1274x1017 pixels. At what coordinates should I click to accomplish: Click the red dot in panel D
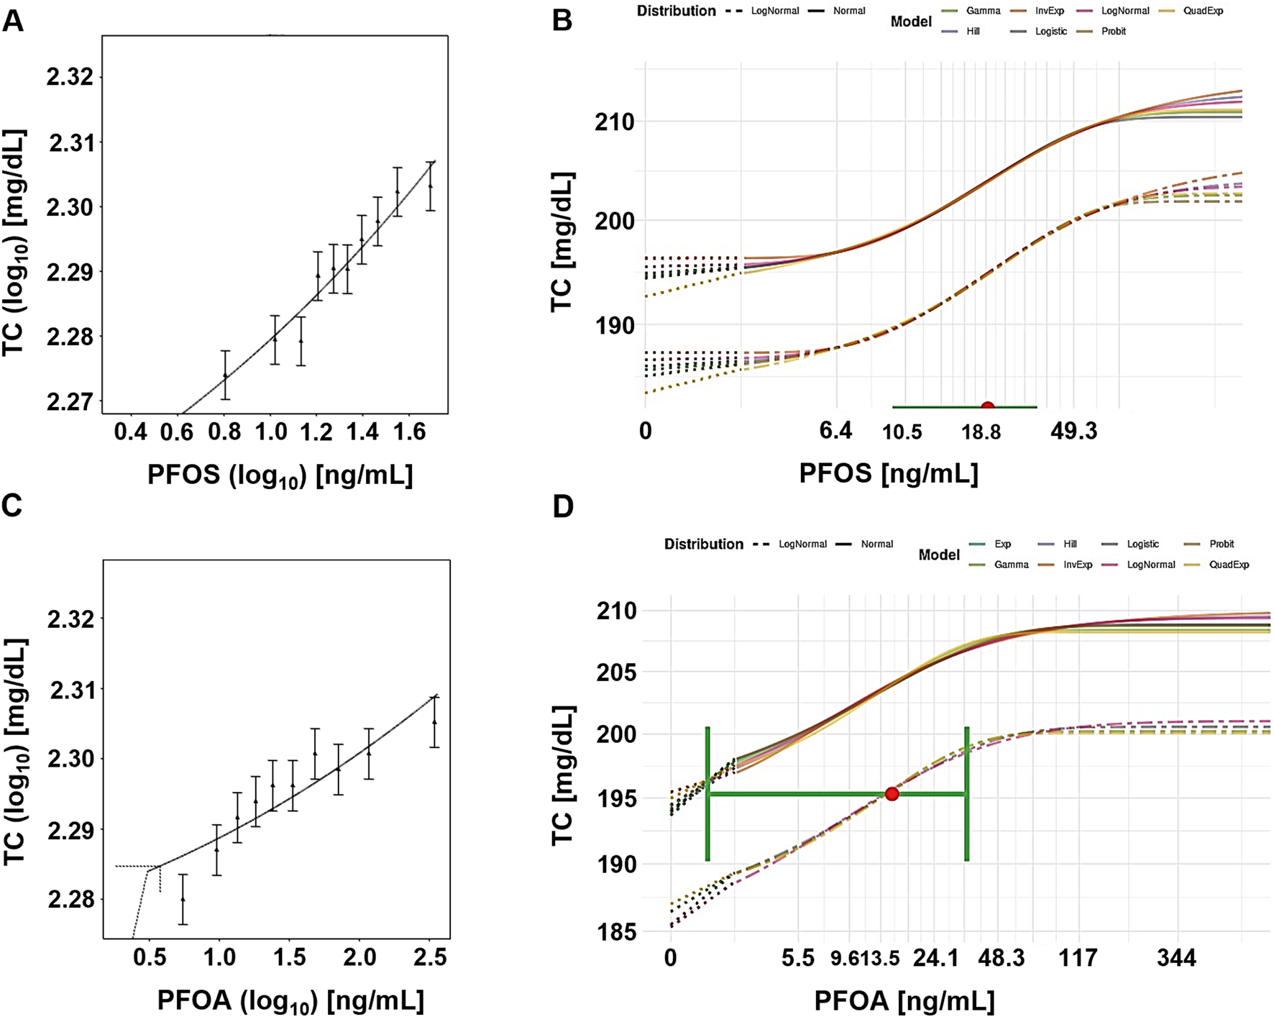tap(892, 794)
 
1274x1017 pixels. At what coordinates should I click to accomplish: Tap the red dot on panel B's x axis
tap(988, 407)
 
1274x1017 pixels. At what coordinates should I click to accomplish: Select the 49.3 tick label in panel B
tap(1073, 432)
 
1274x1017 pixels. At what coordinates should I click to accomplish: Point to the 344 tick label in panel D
tap(1176, 958)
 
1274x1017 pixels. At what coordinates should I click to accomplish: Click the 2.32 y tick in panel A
tap(70, 77)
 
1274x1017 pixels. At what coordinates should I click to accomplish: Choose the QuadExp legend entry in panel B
tap(1203, 11)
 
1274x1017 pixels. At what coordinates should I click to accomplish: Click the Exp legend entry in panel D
tap(1002, 544)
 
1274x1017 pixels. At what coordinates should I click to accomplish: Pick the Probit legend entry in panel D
tap(1222, 544)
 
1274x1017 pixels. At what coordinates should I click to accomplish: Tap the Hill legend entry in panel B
tap(973, 32)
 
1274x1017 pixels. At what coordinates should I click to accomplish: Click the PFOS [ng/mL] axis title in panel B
tap(889, 473)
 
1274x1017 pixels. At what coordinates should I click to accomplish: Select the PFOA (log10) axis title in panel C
tap(290, 1000)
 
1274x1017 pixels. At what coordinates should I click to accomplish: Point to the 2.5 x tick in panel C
tap(430, 957)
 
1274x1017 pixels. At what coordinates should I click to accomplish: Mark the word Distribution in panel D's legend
tap(703, 544)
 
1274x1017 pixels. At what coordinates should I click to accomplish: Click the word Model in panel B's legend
tap(911, 22)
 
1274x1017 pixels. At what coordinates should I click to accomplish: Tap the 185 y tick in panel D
tap(617, 933)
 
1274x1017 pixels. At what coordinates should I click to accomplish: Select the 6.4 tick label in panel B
tap(835, 432)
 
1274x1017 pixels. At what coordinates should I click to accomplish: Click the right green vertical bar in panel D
tap(966, 794)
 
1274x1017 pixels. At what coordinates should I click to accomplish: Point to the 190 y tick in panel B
tap(614, 326)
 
